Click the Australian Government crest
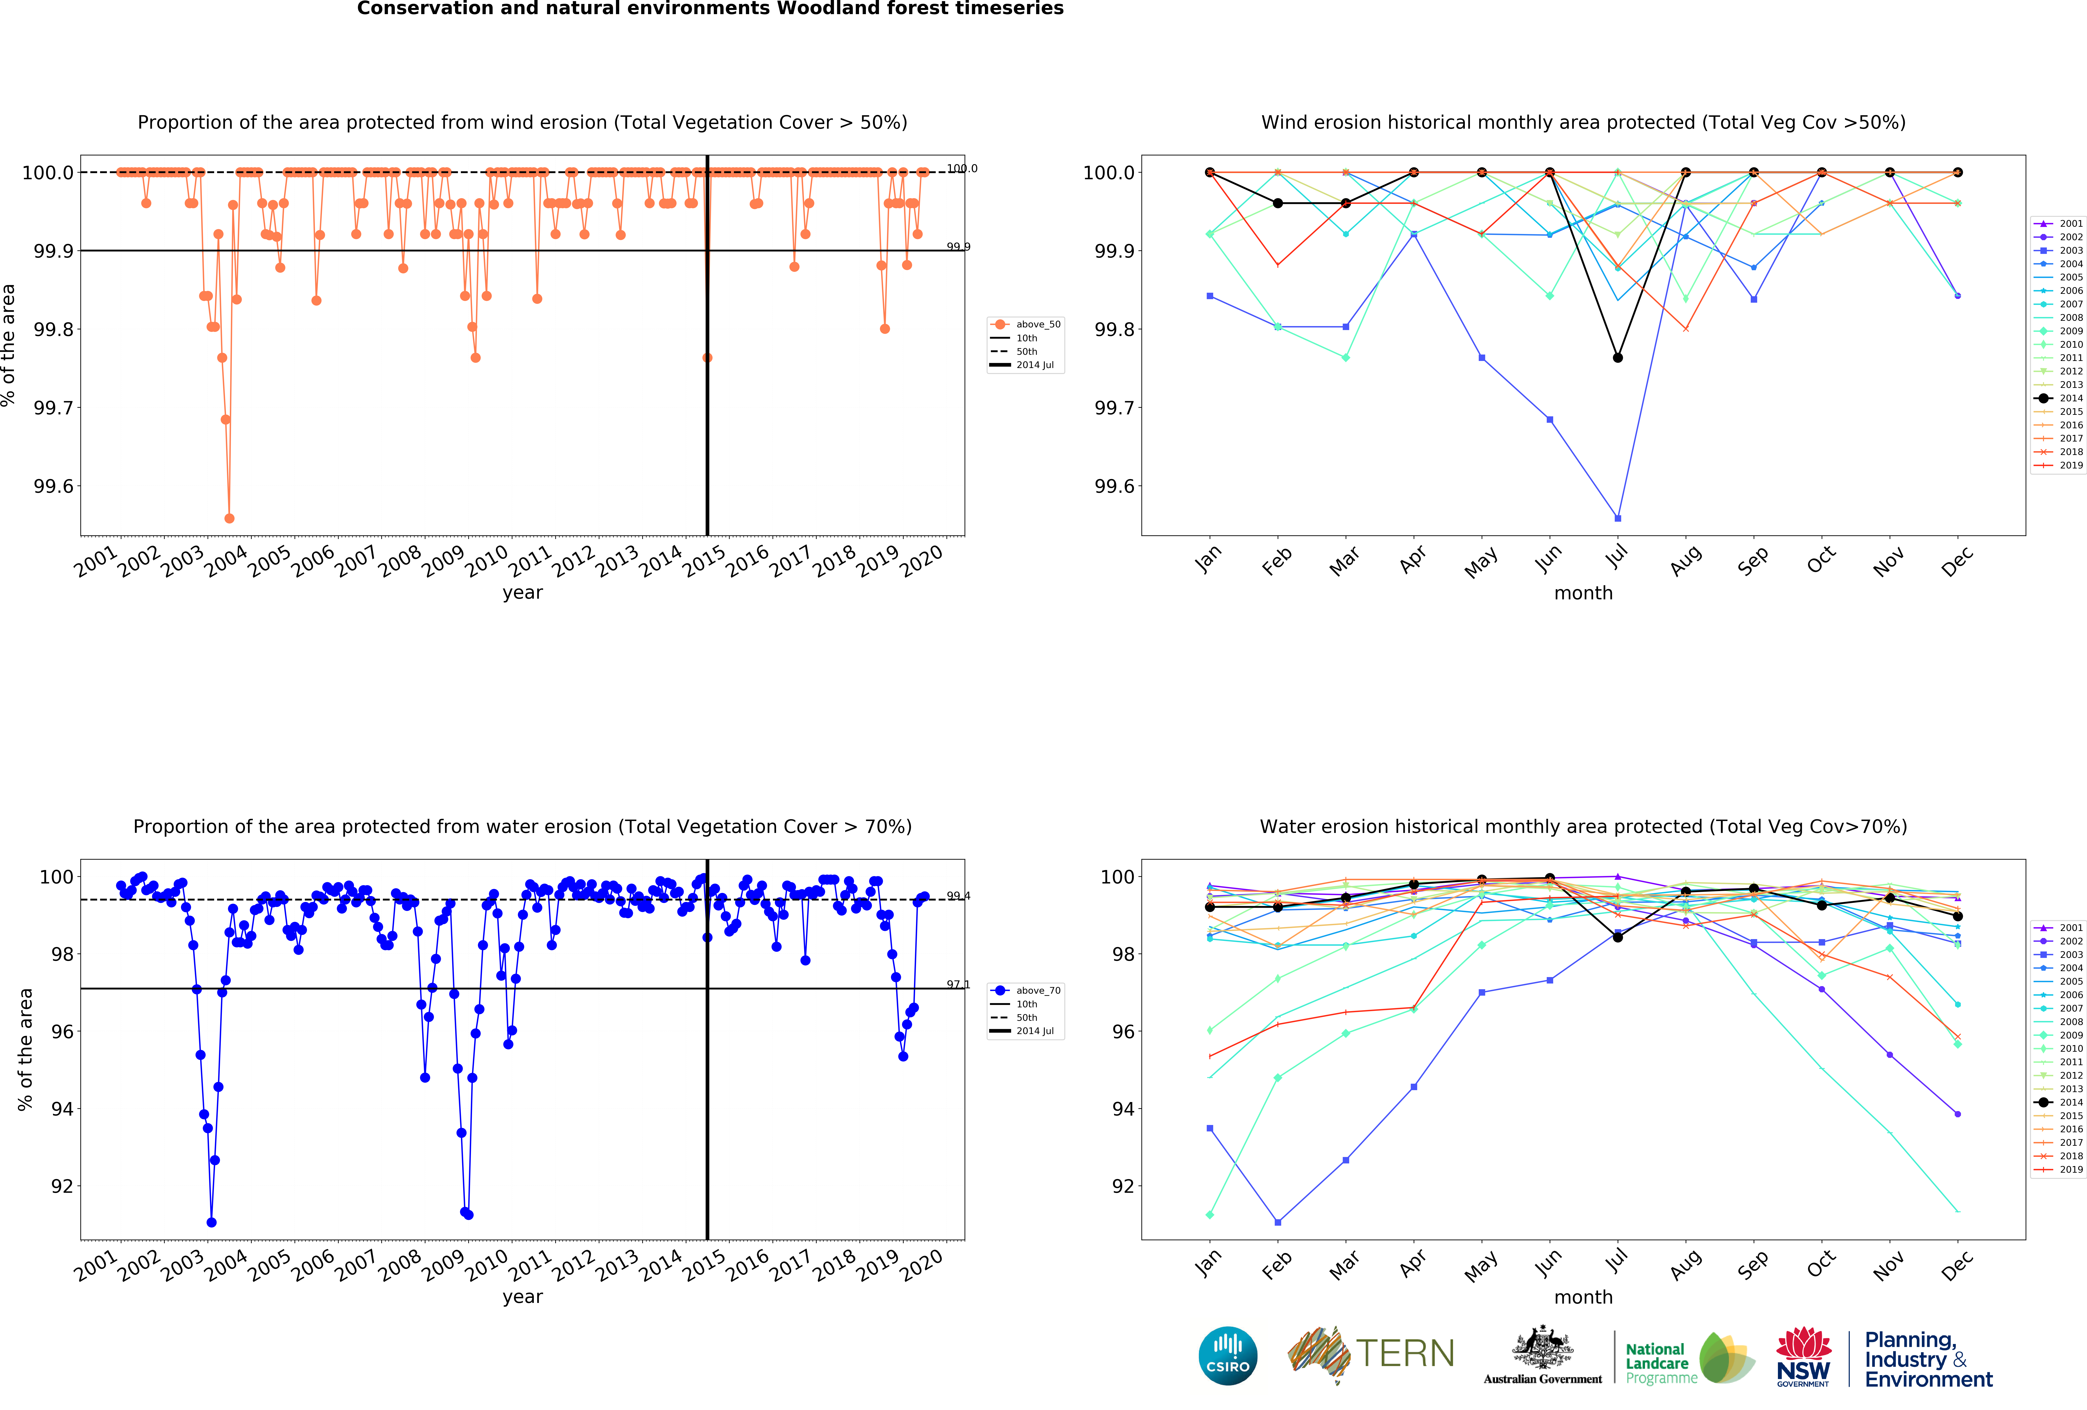1542,1347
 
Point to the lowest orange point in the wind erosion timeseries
229,518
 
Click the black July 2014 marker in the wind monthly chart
1617,357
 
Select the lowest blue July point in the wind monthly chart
1617,518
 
